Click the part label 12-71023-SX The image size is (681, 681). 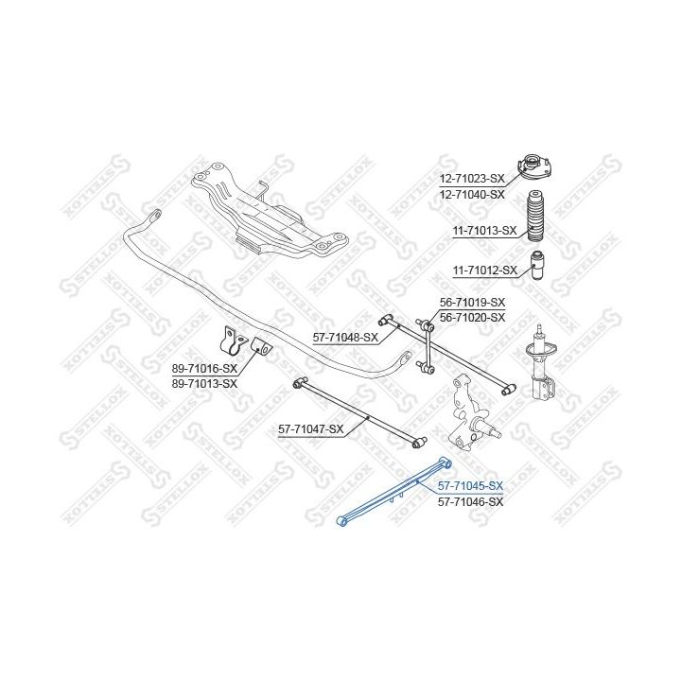[472, 178]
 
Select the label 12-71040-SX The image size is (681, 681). [472, 194]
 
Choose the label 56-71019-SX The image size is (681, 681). [473, 302]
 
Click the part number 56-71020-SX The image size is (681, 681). [473, 318]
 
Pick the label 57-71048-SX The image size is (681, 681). [345, 337]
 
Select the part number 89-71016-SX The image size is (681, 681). [203, 368]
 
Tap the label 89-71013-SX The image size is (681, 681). [203, 384]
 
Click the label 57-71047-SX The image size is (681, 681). [310, 429]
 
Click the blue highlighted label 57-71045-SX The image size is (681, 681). [470, 485]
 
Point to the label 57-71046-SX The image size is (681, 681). [470, 501]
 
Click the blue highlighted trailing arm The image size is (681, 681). [392, 493]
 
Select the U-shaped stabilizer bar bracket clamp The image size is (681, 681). [231, 343]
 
